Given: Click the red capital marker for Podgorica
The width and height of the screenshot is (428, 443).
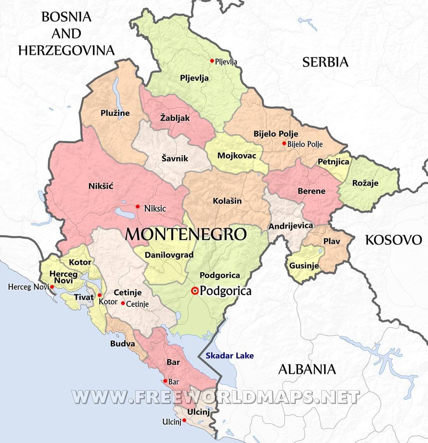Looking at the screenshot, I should [195, 291].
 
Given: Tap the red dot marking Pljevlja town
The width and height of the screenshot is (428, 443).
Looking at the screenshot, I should [212, 61].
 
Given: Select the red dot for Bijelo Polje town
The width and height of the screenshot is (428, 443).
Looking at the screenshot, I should [284, 144].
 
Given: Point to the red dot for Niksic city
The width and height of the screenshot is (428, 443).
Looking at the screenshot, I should [137, 206].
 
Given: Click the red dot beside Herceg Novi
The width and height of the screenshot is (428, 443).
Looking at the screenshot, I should [52, 287].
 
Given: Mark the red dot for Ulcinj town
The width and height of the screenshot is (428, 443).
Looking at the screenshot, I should [184, 420].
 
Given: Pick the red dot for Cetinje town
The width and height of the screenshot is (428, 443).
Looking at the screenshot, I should [123, 303].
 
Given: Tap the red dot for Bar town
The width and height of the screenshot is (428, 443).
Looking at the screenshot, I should [165, 381].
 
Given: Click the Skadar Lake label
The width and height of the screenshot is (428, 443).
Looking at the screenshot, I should [230, 355].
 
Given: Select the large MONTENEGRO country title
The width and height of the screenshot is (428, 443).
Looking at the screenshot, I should [186, 234].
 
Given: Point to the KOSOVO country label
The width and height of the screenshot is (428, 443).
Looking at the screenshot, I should [393, 240].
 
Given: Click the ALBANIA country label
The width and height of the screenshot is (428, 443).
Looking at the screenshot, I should [307, 369].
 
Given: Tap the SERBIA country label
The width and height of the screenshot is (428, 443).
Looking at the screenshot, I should [325, 62].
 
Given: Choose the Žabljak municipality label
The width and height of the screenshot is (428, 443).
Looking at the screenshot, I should [175, 117].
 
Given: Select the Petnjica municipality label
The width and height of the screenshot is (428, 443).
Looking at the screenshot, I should [333, 162].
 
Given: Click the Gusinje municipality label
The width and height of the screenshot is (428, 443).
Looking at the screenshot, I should [304, 266].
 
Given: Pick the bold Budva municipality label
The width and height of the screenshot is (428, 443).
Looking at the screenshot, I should [123, 344].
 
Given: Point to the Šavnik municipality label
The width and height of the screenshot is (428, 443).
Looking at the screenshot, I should [175, 158].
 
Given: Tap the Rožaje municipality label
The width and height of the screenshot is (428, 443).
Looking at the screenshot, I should [365, 183].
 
